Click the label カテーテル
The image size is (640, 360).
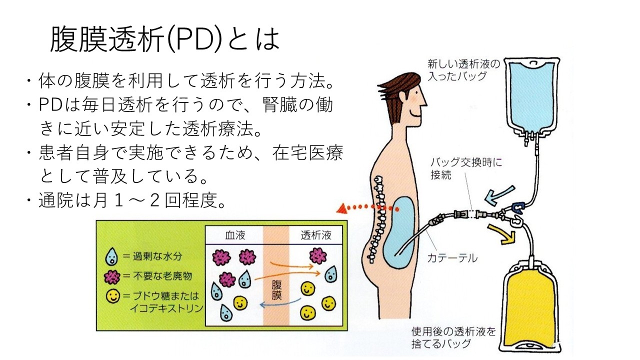coord(452,258)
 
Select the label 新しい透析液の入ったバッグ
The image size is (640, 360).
coord(457,70)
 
